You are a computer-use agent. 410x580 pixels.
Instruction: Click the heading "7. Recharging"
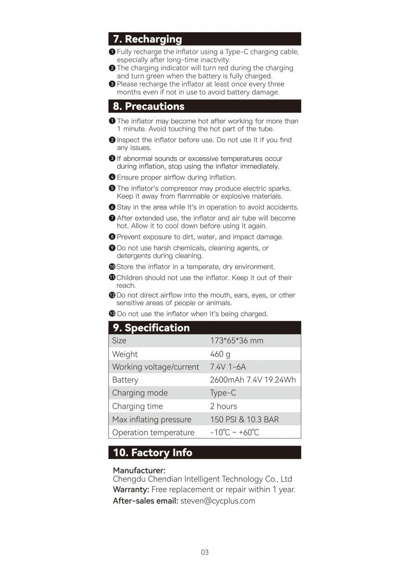tap(147, 39)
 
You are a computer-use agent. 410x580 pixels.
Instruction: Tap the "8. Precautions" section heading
tap(149, 106)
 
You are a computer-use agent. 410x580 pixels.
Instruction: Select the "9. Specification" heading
tap(151, 328)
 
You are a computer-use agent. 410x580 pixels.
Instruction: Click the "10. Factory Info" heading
tap(153, 452)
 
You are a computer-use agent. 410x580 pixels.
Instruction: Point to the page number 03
tap(205, 552)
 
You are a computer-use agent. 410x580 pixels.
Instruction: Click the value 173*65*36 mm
tap(236, 341)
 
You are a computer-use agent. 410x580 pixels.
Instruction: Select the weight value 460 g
tap(220, 354)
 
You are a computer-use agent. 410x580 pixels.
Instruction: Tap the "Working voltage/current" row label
tap(155, 367)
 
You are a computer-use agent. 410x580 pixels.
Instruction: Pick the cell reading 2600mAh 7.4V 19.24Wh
tap(253, 380)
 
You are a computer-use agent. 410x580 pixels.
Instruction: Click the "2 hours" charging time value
tap(223, 406)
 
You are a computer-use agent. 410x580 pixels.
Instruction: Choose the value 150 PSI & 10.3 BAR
tap(244, 419)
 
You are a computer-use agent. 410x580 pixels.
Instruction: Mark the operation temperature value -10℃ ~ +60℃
tap(234, 432)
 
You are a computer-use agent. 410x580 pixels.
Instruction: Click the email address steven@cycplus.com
tap(218, 501)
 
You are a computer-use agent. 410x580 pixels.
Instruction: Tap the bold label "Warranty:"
tap(131, 489)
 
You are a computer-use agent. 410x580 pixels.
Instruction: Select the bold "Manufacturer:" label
tap(139, 470)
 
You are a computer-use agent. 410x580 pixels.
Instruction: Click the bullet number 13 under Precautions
tap(112, 313)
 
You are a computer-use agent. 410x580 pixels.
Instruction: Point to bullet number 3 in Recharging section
tap(112, 84)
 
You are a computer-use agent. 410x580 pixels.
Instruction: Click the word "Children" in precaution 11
tap(131, 277)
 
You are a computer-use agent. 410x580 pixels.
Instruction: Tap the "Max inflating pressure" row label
tap(152, 419)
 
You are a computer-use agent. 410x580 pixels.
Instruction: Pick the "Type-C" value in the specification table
tap(223, 393)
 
